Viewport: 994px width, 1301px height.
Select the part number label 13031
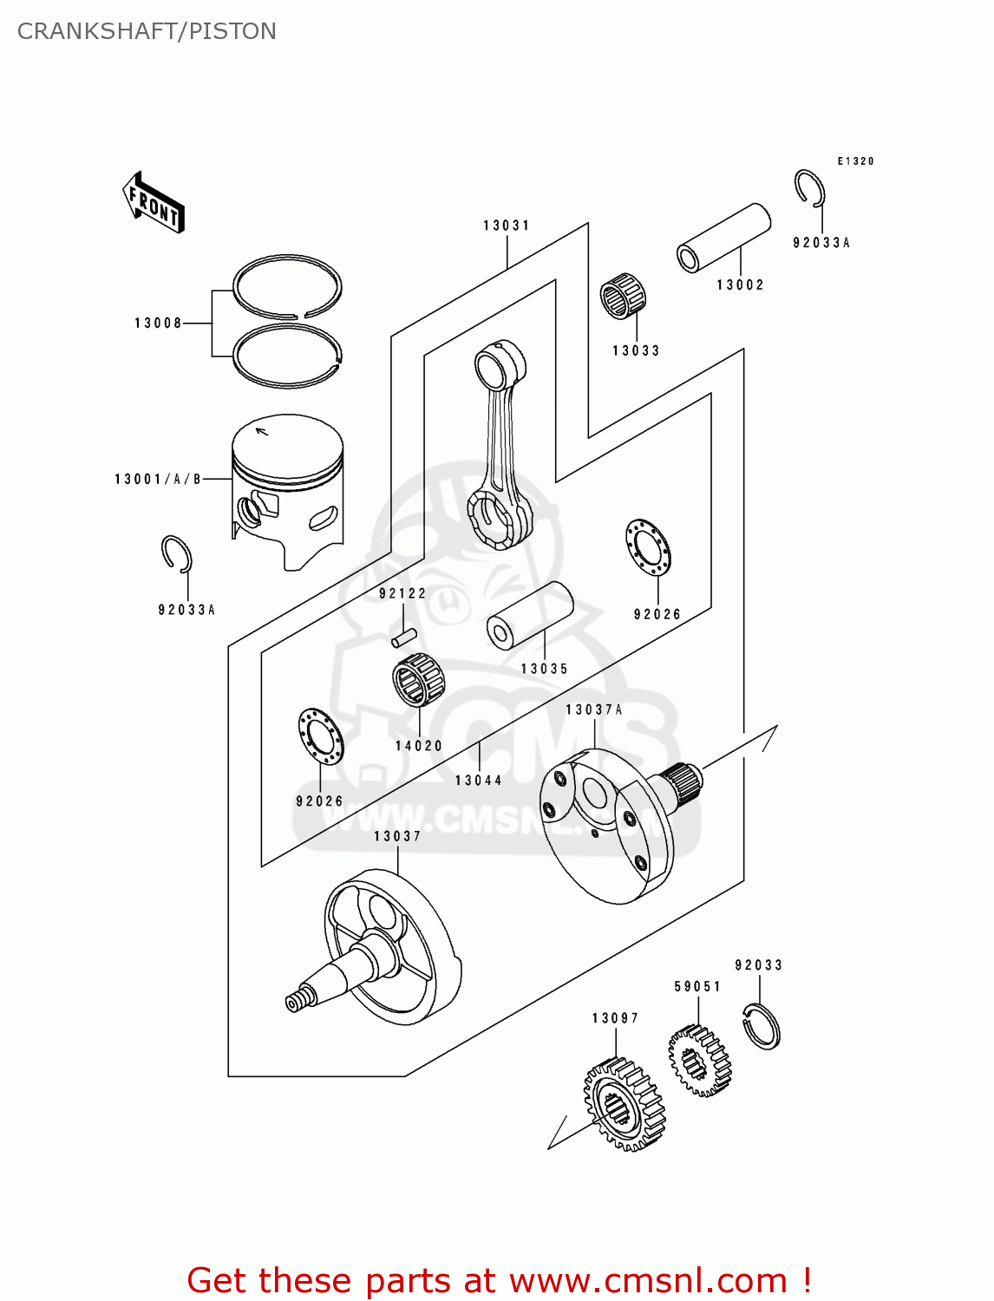pyautogui.click(x=507, y=226)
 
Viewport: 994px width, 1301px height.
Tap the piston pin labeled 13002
pyautogui.click(x=723, y=237)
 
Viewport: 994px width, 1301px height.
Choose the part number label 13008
pyautogui.click(x=158, y=324)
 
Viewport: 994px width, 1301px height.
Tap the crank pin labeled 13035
pyautogui.click(x=530, y=615)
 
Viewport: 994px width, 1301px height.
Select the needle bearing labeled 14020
pyautogui.click(x=418, y=680)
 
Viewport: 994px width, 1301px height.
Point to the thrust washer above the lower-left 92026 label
pyautogui.click(x=320, y=736)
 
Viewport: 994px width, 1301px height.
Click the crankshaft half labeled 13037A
pyautogui.click(x=607, y=824)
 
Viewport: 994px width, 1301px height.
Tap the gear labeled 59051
pyautogui.click(x=699, y=1060)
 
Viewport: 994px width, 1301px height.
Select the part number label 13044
pyautogui.click(x=479, y=781)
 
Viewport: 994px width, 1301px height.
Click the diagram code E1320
pyautogui.click(x=855, y=161)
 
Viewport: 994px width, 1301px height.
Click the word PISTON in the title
pyautogui.click(x=232, y=31)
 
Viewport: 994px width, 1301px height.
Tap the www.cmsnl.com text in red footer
pyautogui.click(x=648, y=1280)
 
